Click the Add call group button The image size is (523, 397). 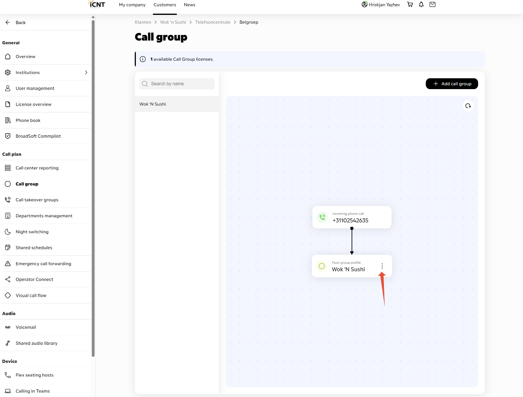tap(452, 84)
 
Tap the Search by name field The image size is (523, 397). tap(177, 84)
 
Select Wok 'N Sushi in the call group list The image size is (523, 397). tap(153, 104)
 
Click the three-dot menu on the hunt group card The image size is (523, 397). tap(382, 266)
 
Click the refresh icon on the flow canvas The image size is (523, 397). tap(468, 106)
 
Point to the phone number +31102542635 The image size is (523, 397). tap(350, 220)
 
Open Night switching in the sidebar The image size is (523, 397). tap(32, 232)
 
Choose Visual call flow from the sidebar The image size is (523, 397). tap(31, 295)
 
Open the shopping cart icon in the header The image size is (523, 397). tap(410, 4)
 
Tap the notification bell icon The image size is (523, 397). tap(421, 4)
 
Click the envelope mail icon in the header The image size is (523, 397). tap(432, 4)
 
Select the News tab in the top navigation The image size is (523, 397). tap(190, 5)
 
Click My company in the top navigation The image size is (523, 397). tap(132, 5)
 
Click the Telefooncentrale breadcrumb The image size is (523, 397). tap(212, 22)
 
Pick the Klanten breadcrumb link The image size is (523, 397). tap(143, 22)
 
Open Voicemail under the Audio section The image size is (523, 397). tap(26, 327)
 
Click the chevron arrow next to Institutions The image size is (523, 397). tap(86, 72)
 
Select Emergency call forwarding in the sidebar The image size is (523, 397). tap(43, 264)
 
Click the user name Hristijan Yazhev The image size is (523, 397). tap(384, 5)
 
